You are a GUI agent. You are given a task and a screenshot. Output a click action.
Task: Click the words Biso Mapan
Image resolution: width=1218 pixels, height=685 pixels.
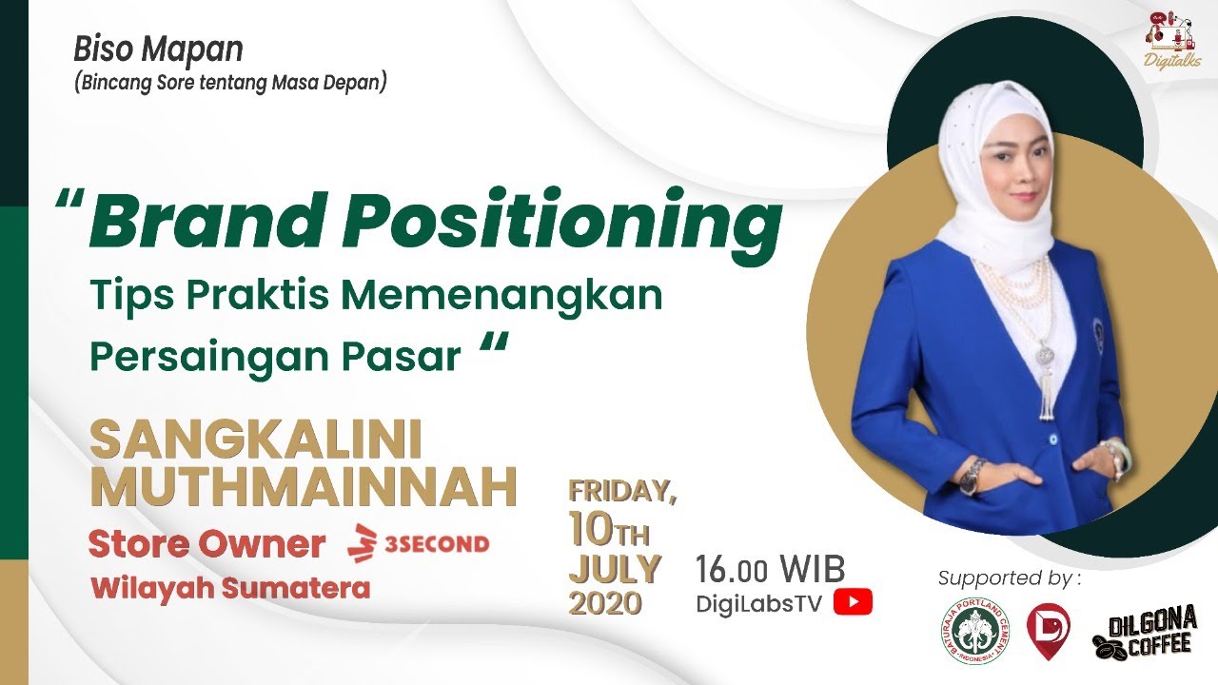pyautogui.click(x=158, y=49)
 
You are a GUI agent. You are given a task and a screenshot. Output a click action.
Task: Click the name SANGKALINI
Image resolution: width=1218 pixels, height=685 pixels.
pyautogui.click(x=255, y=440)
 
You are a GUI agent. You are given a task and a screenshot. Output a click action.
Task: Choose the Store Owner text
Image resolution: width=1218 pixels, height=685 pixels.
pyautogui.click(x=206, y=544)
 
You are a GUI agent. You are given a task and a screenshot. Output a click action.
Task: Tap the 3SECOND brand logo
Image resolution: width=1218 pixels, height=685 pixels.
pyautogui.click(x=420, y=544)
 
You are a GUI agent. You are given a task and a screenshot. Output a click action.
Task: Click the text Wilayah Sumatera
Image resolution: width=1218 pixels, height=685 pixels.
pyautogui.click(x=230, y=588)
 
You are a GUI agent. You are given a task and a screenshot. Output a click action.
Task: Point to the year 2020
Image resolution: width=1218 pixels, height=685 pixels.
pyautogui.click(x=605, y=603)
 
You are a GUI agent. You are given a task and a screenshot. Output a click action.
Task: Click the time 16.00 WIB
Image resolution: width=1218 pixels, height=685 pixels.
pyautogui.click(x=770, y=569)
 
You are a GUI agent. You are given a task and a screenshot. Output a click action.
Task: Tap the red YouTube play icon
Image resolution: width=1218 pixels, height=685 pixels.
pyautogui.click(x=853, y=602)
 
